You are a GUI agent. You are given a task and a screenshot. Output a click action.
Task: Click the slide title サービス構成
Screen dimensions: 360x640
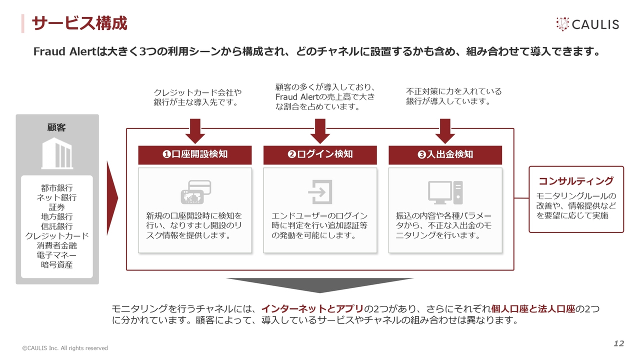pos(79,23)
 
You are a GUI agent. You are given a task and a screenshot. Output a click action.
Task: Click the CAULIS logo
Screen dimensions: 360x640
pos(587,24)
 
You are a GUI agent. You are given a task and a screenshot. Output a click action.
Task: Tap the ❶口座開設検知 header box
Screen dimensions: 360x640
pos(195,154)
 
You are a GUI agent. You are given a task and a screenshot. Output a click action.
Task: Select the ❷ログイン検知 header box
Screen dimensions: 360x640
pos(320,154)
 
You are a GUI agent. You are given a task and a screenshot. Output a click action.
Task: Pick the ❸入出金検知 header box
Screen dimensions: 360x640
pos(445,154)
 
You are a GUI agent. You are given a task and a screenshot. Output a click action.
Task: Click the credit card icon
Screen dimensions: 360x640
pos(195,192)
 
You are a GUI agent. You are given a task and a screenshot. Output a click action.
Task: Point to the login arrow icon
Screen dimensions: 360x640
pos(320,192)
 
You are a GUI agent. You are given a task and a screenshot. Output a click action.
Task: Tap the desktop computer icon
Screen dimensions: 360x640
pos(445,192)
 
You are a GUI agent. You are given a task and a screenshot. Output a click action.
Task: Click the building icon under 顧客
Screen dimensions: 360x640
pos(57,153)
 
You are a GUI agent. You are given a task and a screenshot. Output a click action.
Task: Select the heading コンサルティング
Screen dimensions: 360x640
pos(576,181)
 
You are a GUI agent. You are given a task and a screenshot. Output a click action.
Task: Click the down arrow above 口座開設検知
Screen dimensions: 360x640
pos(195,131)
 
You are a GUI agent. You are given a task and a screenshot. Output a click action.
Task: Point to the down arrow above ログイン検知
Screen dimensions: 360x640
pos(320,131)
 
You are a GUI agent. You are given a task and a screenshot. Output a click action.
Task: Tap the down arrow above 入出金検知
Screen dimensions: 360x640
pos(445,131)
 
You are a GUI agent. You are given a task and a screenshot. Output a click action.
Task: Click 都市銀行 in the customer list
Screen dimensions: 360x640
pos(57,188)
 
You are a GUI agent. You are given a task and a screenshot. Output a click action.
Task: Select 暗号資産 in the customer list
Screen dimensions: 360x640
pos(57,265)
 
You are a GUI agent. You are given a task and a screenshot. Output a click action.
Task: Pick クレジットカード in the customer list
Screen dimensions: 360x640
pos(57,236)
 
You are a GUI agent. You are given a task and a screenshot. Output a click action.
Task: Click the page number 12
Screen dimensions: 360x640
pos(619,343)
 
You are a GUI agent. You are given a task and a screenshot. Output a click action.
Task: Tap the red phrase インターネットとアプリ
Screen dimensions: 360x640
pos(312,308)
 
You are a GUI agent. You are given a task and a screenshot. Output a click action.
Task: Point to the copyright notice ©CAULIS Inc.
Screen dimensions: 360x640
pos(64,348)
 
